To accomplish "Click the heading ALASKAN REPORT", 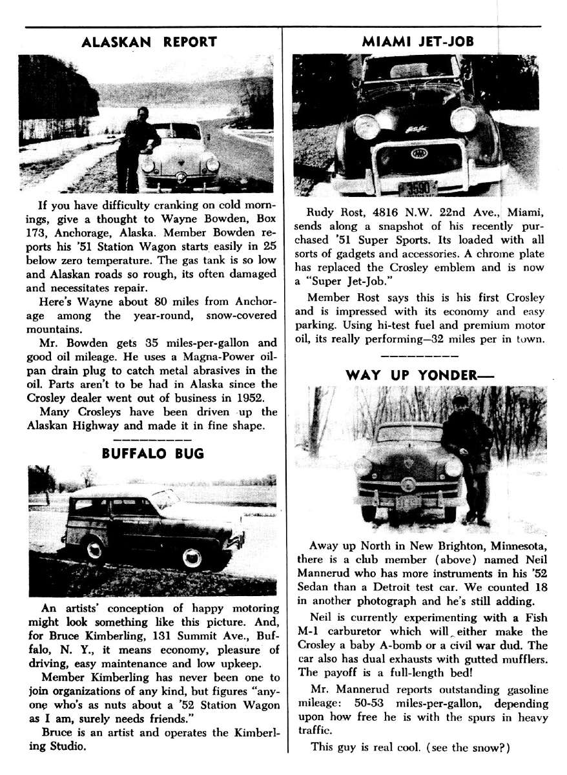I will coord(150,43).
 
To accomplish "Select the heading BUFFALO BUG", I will coord(153,453).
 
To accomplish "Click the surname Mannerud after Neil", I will coord(327,573).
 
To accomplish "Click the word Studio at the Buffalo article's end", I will coord(67,746).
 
